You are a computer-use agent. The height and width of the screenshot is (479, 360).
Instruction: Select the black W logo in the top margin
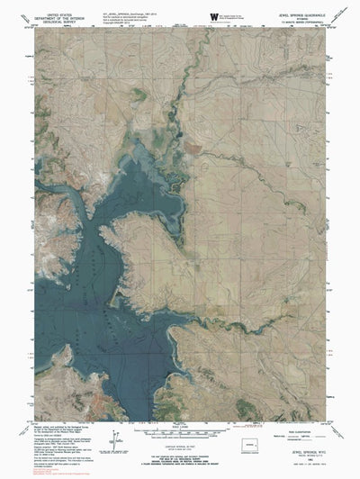pyautogui.click(x=214, y=16)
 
